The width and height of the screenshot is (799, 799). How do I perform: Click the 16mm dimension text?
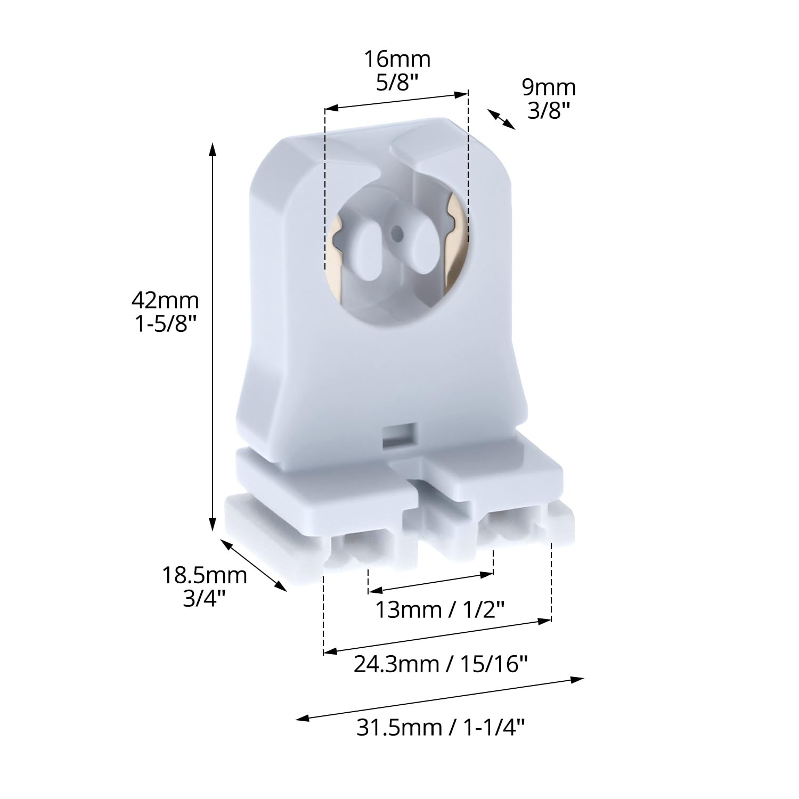click(x=397, y=59)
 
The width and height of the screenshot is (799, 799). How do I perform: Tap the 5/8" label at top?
click(x=397, y=83)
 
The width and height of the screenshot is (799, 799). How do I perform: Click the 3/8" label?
click(x=549, y=110)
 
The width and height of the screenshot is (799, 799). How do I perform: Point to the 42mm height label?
click(x=165, y=300)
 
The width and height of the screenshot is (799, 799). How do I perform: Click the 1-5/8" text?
click(x=162, y=324)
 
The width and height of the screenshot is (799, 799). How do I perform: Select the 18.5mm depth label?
click(x=205, y=575)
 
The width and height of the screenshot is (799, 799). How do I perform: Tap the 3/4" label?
click(x=205, y=599)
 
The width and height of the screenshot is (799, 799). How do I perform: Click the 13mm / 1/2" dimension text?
click(x=440, y=609)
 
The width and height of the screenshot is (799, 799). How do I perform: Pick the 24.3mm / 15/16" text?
click(x=441, y=664)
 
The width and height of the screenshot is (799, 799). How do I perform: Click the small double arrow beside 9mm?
click(x=501, y=119)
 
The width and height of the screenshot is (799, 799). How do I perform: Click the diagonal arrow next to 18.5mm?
click(x=254, y=565)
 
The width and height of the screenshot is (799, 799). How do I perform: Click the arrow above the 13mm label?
click(x=431, y=582)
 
